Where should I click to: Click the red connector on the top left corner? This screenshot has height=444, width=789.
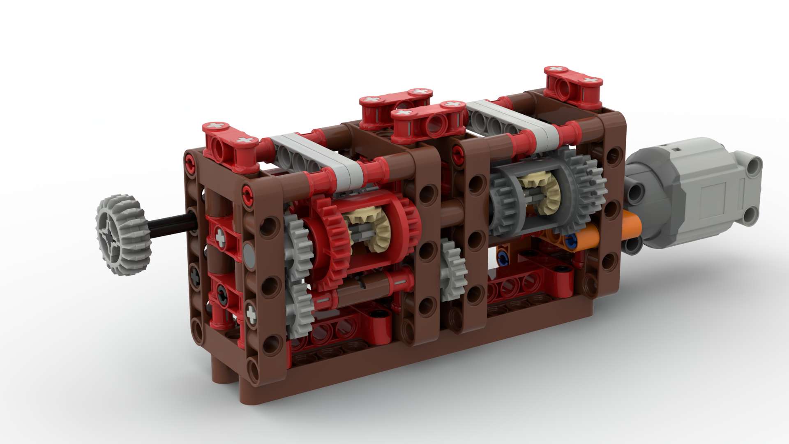click(230, 142)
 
